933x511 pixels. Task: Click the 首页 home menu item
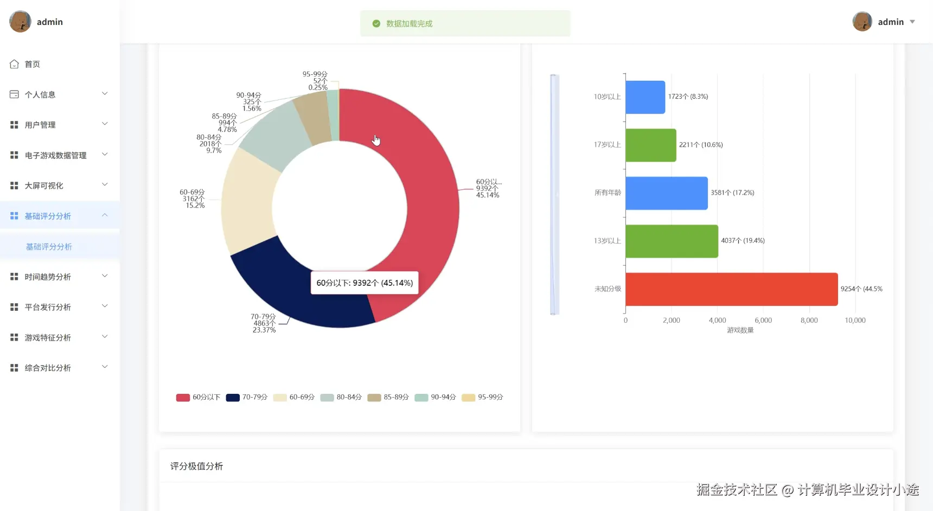click(x=32, y=64)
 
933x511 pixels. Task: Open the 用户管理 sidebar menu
click(x=40, y=125)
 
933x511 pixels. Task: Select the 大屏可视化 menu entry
click(x=44, y=186)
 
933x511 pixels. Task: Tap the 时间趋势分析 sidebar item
click(x=48, y=277)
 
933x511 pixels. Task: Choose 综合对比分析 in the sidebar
click(x=48, y=368)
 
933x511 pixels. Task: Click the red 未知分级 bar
click(x=731, y=289)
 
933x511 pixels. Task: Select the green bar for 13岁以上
click(x=672, y=241)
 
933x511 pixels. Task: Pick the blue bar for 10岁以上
click(x=645, y=97)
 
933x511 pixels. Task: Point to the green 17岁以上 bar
click(x=650, y=145)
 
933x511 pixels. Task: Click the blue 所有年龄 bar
click(x=666, y=193)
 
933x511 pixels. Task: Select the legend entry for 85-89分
click(x=388, y=397)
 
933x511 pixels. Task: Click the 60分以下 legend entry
click(x=199, y=397)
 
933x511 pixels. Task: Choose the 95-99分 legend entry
click(x=483, y=397)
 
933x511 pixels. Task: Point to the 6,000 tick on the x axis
click(x=763, y=321)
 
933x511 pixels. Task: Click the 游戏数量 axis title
click(x=740, y=330)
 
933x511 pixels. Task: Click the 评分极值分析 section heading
click(x=196, y=467)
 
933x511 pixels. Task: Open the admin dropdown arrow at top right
click(x=912, y=22)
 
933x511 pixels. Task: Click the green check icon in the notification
click(x=376, y=23)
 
